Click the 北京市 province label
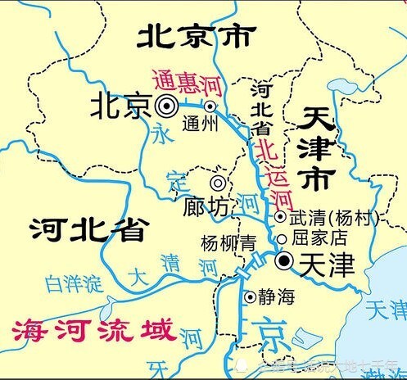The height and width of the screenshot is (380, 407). (x=196, y=36)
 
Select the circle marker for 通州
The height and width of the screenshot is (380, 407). (x=210, y=106)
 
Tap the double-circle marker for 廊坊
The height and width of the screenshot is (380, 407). (x=219, y=183)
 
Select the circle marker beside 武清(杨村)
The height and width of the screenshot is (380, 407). (x=280, y=217)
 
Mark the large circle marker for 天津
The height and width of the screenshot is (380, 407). (x=283, y=261)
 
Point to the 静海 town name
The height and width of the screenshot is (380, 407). (x=276, y=296)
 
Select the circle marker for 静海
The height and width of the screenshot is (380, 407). (x=249, y=296)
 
